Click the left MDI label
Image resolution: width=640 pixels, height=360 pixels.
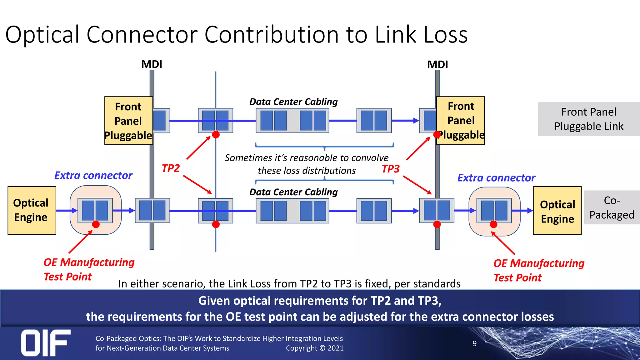point(152,64)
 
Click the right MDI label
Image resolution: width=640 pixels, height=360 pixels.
point(437,64)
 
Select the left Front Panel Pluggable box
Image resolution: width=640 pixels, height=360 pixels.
point(128,121)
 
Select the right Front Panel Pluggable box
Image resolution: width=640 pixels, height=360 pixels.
point(461,121)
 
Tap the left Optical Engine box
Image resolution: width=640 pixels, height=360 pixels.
point(32,210)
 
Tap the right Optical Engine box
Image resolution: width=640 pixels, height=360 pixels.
point(557,210)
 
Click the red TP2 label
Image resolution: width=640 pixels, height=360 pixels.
point(171,168)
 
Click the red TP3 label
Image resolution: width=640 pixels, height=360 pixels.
point(391,169)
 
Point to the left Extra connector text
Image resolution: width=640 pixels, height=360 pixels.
point(93,175)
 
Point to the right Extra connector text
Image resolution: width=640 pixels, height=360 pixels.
point(496,177)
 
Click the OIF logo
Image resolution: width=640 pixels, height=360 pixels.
point(46,343)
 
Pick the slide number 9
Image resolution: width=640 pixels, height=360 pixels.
point(474,343)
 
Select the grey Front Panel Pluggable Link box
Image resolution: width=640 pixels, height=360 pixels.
point(589,119)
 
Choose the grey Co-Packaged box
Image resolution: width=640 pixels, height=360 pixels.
point(612,207)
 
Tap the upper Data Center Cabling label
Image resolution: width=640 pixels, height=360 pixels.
point(293,102)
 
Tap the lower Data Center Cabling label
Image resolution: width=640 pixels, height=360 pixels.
point(293,192)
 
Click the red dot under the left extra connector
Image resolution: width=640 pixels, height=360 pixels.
point(96,224)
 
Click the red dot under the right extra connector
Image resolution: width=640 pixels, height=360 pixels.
point(493,224)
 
